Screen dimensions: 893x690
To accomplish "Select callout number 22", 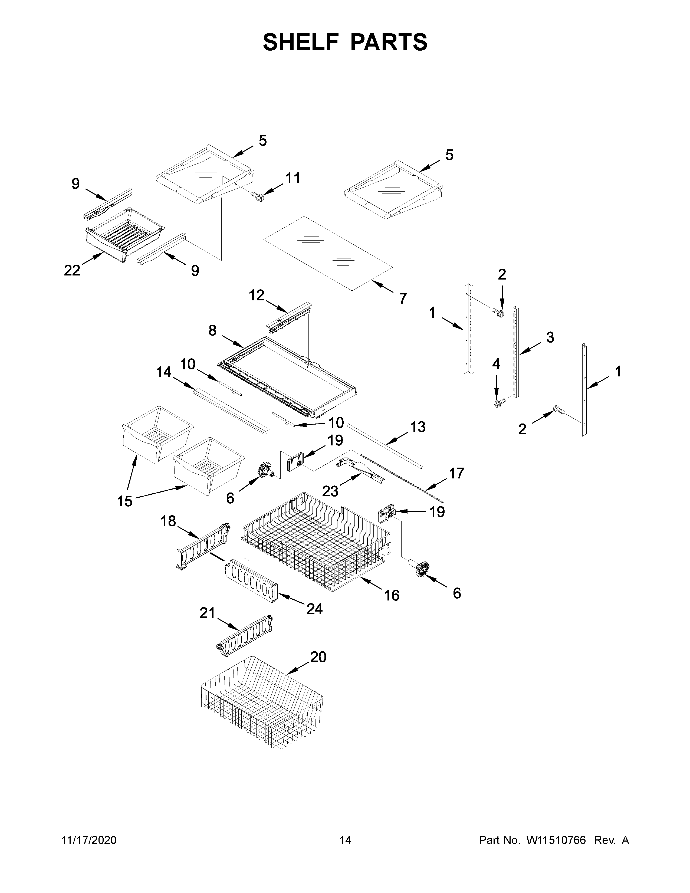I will (72, 270).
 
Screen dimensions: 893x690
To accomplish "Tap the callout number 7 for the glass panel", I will (403, 298).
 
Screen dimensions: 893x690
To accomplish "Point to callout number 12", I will (257, 295).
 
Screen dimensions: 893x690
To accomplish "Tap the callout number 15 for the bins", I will (125, 501).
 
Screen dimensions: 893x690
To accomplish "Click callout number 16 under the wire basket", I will (392, 595).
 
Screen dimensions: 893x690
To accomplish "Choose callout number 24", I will (314, 620).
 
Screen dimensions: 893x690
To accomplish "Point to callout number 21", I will (207, 624).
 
